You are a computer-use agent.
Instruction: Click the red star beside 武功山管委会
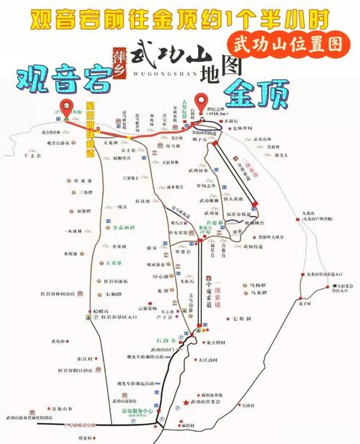point(186,401)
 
